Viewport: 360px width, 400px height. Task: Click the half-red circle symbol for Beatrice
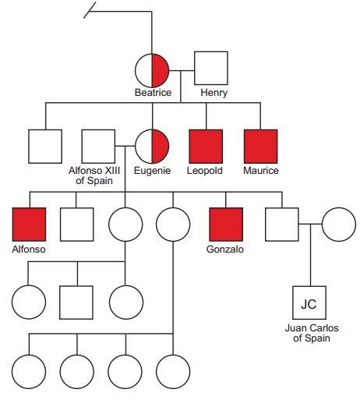tap(152, 70)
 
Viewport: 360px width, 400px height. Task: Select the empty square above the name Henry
tap(211, 68)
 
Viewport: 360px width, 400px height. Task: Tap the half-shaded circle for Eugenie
tap(152, 147)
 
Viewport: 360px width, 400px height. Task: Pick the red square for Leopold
tap(206, 147)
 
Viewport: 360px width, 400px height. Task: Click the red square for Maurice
tap(261, 147)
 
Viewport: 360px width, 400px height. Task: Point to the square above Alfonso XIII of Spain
tap(98, 147)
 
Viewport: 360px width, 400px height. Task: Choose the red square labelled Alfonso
tap(29, 225)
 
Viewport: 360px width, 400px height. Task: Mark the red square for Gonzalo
tap(226, 225)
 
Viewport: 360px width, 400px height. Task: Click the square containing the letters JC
tap(309, 303)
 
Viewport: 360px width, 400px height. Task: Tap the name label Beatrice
tap(153, 93)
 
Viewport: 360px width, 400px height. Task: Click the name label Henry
tap(214, 93)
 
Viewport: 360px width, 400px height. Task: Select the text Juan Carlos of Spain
tap(312, 333)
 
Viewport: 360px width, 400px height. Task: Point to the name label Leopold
tap(205, 171)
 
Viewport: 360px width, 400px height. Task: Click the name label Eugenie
tap(152, 171)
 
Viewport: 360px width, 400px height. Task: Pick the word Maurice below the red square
tap(261, 171)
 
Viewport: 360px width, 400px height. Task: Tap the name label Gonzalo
tap(225, 250)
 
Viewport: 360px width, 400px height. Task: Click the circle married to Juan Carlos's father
tap(339, 225)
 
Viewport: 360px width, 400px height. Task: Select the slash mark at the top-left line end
tap(90, 10)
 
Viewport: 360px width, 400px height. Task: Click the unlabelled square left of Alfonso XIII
tap(45, 147)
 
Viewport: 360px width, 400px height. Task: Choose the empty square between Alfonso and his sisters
tap(77, 225)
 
